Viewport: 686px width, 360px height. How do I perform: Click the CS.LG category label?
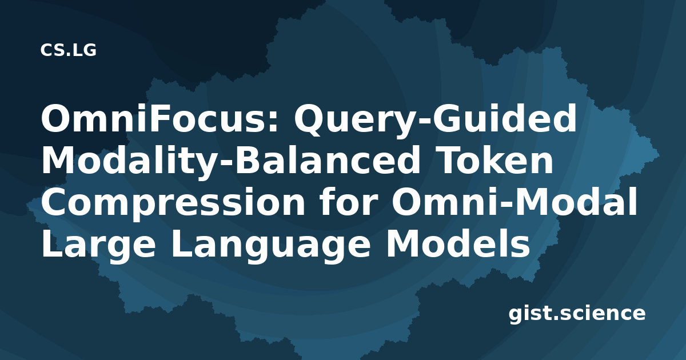point(68,50)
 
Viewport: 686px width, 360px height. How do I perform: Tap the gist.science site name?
point(577,314)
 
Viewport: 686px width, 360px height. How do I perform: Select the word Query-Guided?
point(435,121)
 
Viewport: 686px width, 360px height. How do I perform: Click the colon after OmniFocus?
point(273,122)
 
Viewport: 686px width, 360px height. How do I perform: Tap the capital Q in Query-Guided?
point(309,120)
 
